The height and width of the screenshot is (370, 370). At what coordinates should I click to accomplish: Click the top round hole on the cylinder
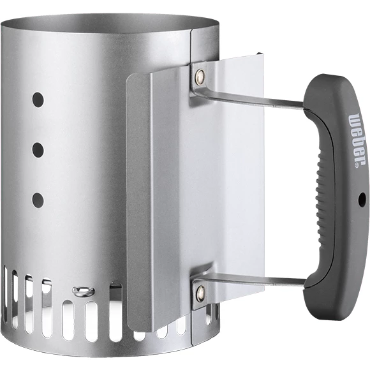coord(38,100)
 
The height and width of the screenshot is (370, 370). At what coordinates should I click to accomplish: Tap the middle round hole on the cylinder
coord(38,151)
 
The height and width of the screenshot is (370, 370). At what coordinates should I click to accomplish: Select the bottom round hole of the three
coord(38,200)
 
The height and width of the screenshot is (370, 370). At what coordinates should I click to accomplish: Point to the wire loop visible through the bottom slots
coord(84,292)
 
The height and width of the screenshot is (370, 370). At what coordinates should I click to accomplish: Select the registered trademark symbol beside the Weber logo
coord(355,164)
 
